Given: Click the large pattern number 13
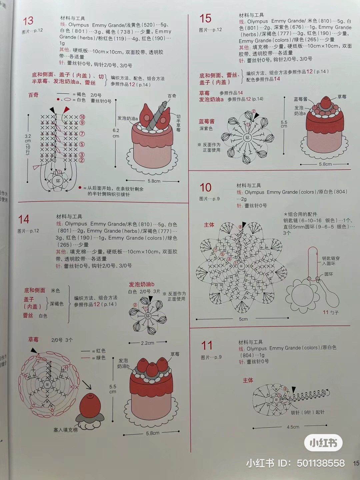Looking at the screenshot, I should pyautogui.click(x=28, y=21).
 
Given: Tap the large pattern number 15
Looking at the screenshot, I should pyautogui.click(x=205, y=18).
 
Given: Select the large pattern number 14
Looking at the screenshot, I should pyautogui.click(x=24, y=219).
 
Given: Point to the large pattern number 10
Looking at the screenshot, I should pyautogui.click(x=205, y=188).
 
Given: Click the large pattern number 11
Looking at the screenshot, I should pyautogui.click(x=207, y=345).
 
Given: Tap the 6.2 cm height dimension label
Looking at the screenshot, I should pyautogui.click(x=116, y=133).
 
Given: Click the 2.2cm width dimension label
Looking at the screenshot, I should pyautogui.click(x=147, y=343).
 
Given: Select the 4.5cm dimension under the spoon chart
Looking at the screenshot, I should pyautogui.click(x=293, y=427).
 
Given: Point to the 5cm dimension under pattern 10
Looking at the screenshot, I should pyautogui.click(x=243, y=319).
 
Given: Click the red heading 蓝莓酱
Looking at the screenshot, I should pyautogui.click(x=207, y=122).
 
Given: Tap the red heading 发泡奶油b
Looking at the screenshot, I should pyautogui.click(x=142, y=284).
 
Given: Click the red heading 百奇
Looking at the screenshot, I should pyautogui.click(x=33, y=95).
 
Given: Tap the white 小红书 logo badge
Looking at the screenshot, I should pyautogui.click(x=323, y=443).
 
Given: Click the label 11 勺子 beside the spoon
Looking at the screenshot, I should pyautogui.click(x=330, y=312).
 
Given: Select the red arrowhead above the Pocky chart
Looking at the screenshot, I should pyautogui.click(x=67, y=109).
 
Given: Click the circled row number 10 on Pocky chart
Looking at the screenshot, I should pyautogui.click(x=82, y=117).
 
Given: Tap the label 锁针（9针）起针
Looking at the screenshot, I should pyautogui.click(x=307, y=412).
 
